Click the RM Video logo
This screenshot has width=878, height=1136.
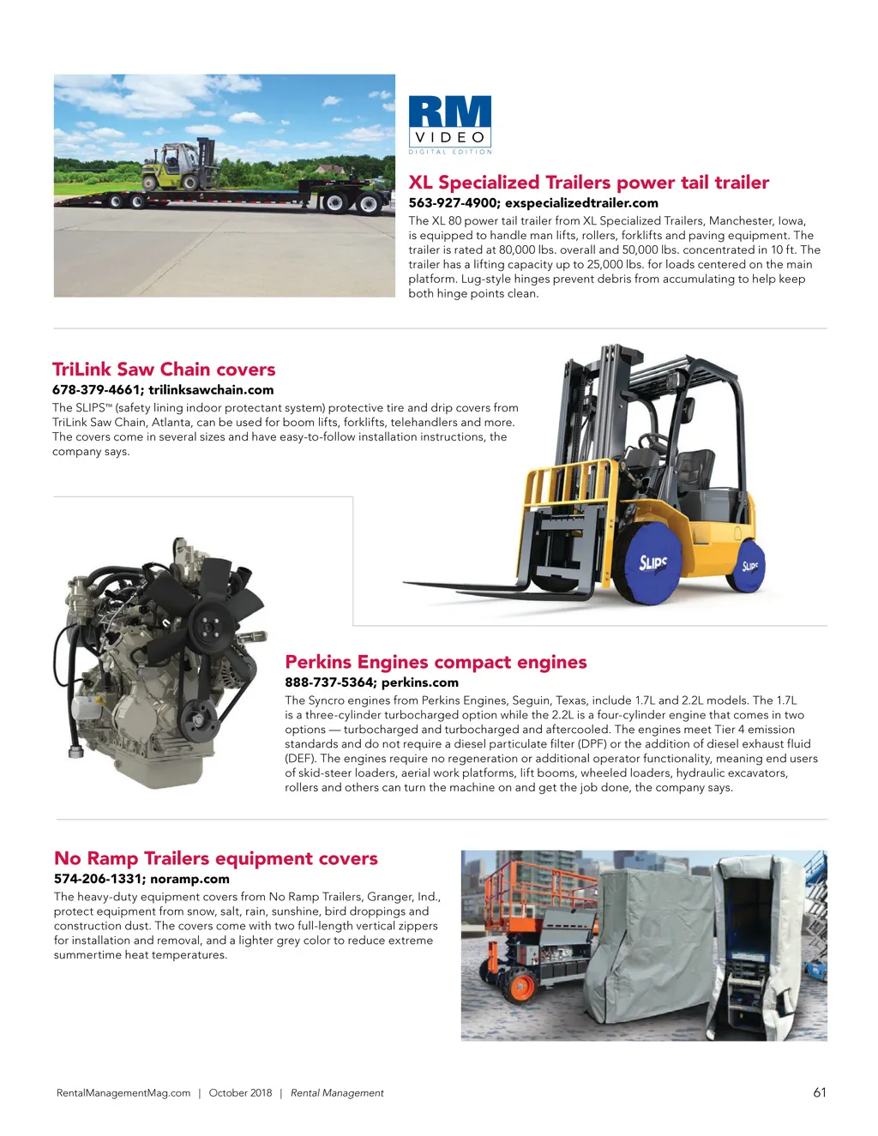click(x=449, y=124)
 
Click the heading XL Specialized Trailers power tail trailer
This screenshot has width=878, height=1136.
click(x=588, y=183)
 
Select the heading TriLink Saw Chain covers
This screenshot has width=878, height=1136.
click(x=164, y=370)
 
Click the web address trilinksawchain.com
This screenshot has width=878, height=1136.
click(x=211, y=390)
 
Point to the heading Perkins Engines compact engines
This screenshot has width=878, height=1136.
click(x=436, y=662)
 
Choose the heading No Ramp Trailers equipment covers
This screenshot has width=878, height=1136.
click(x=216, y=858)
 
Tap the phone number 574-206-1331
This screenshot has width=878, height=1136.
click(x=98, y=879)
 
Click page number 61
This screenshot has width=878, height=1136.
click(x=820, y=1092)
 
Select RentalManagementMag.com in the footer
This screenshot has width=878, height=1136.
click(x=123, y=1093)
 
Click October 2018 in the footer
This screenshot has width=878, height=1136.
click(x=240, y=1093)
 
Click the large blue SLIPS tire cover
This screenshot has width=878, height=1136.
click(x=652, y=562)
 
